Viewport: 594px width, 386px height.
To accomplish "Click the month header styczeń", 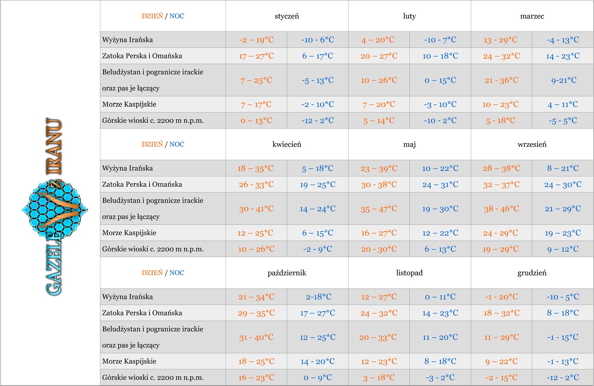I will [x=287, y=16].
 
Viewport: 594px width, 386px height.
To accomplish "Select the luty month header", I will [x=409, y=16].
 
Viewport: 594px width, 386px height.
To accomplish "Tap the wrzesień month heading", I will [x=532, y=144].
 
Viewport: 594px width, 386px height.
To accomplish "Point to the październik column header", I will [x=287, y=273].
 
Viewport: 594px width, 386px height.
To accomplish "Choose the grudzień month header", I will [x=532, y=273].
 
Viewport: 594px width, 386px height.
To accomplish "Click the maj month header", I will [x=409, y=144].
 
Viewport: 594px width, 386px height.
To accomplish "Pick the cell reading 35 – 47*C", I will [x=379, y=209].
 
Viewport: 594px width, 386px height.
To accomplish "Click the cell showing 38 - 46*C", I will [x=501, y=209].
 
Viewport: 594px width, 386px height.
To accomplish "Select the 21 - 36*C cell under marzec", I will [x=501, y=80].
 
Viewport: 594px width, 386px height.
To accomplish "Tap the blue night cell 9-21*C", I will [x=564, y=80].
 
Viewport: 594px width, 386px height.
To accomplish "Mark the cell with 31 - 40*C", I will [x=256, y=338].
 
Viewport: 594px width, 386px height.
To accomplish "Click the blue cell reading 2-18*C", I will [x=318, y=297].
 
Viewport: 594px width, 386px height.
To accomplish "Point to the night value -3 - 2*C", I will [x=440, y=378].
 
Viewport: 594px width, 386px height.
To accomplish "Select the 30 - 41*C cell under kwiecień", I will [x=256, y=209].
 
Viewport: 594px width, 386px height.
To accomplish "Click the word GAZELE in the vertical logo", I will [x=54, y=264].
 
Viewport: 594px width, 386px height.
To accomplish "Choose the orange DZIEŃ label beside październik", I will [x=152, y=273].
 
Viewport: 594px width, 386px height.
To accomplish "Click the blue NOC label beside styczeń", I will [x=177, y=16].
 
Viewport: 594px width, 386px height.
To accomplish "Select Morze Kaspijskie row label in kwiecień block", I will [x=129, y=233].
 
